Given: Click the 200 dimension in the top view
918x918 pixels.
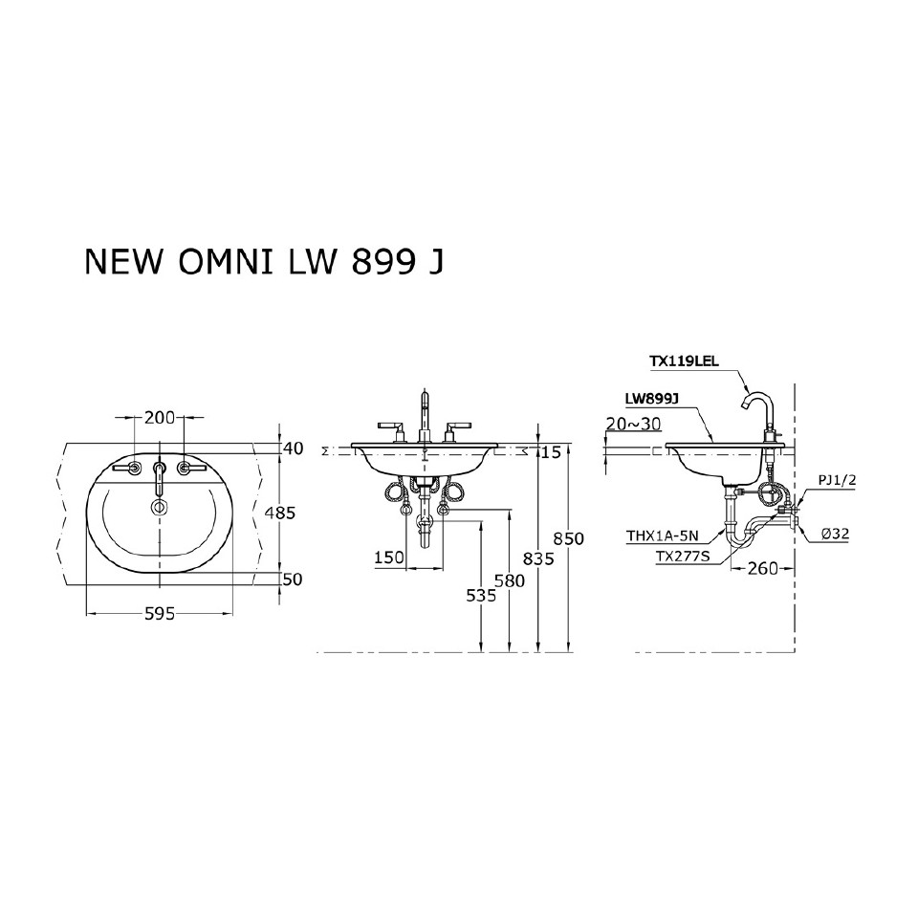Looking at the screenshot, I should click(x=160, y=417).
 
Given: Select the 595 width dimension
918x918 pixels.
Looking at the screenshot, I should click(x=160, y=615).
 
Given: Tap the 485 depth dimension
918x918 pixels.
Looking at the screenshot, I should click(x=280, y=513).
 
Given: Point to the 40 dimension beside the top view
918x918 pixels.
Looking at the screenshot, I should click(x=293, y=448).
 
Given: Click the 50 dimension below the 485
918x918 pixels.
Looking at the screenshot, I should click(x=293, y=579).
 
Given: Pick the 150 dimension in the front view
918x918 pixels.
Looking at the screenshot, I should click(x=389, y=557).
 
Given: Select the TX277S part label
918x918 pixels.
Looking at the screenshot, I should click(x=683, y=555).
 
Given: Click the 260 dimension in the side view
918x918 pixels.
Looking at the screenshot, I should click(x=762, y=568).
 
